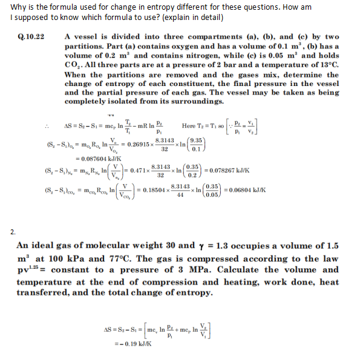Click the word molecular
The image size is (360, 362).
click(120, 246)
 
